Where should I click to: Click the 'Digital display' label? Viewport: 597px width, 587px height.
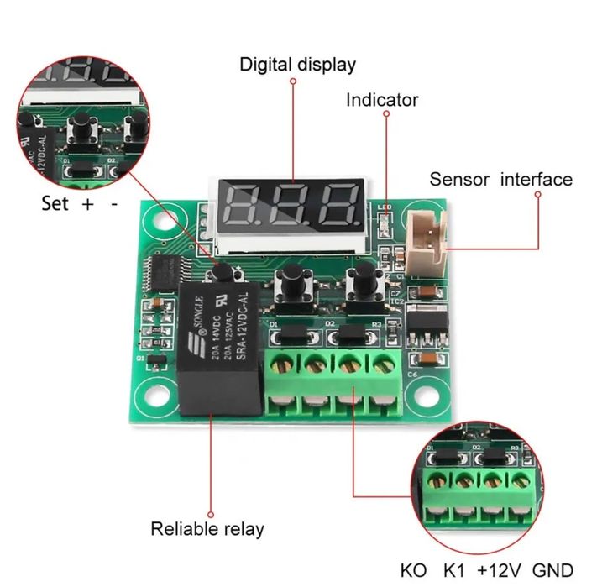pos(297,65)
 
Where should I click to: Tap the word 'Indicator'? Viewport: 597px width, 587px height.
pos(382,100)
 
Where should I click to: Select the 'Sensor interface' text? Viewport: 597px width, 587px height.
pos(500,179)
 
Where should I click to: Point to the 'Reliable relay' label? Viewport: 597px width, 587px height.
pos(207,529)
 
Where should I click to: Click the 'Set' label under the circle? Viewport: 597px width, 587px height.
pos(55,203)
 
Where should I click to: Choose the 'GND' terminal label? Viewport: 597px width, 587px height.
pos(552,569)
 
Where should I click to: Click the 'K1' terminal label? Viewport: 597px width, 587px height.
pos(455,569)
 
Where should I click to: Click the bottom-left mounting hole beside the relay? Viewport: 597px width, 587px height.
pos(153,395)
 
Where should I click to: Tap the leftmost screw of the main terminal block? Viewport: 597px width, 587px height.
pos(280,364)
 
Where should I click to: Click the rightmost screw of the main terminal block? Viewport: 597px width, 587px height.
pos(383,364)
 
